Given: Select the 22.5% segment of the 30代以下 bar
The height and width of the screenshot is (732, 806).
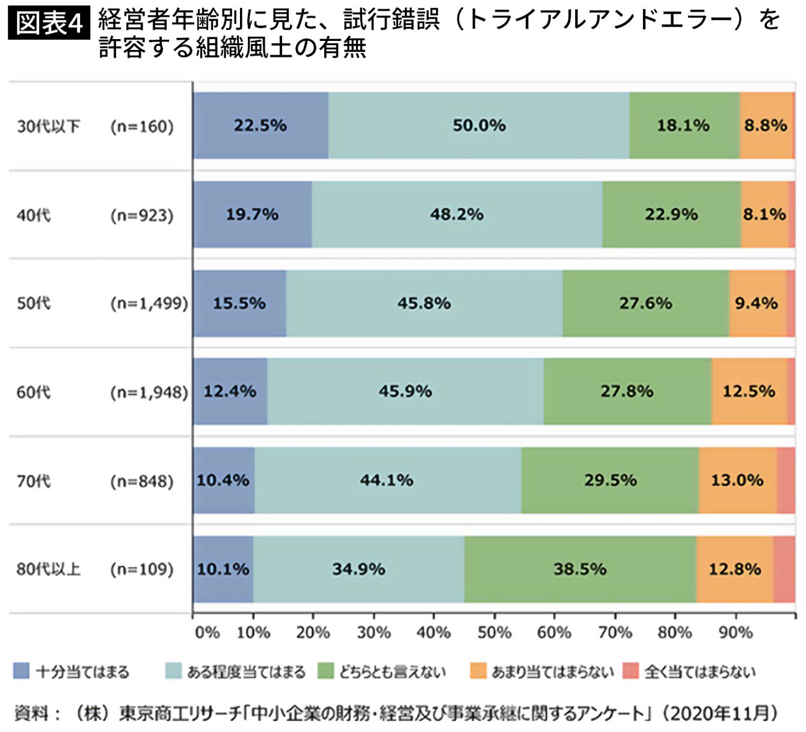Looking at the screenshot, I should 261,125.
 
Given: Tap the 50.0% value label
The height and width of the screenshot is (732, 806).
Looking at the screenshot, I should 479,125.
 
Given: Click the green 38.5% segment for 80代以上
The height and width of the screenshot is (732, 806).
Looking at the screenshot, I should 580,569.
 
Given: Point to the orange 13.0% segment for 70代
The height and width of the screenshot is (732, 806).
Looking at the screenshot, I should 737,480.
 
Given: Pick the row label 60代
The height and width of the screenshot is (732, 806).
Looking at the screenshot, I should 34,392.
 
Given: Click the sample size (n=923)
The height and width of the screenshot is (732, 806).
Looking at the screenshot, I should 142,215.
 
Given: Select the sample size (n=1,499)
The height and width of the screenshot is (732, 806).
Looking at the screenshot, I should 149,303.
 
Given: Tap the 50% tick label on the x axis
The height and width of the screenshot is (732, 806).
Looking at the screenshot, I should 494,632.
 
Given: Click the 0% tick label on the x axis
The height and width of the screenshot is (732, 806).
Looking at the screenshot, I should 207,632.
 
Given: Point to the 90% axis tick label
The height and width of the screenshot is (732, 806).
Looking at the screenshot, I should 736,632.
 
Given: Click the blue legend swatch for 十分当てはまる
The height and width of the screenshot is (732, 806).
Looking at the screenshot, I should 22,671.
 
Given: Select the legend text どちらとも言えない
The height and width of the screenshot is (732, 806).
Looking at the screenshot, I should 392,671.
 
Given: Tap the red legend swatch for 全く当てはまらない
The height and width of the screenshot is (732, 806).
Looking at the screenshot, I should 630,671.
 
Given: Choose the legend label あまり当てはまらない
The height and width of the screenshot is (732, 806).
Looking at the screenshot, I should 553,671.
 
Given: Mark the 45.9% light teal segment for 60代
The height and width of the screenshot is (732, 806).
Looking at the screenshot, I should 405,392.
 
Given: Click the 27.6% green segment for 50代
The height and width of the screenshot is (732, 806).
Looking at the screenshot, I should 646,303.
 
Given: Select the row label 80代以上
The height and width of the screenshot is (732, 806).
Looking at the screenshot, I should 48,569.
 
